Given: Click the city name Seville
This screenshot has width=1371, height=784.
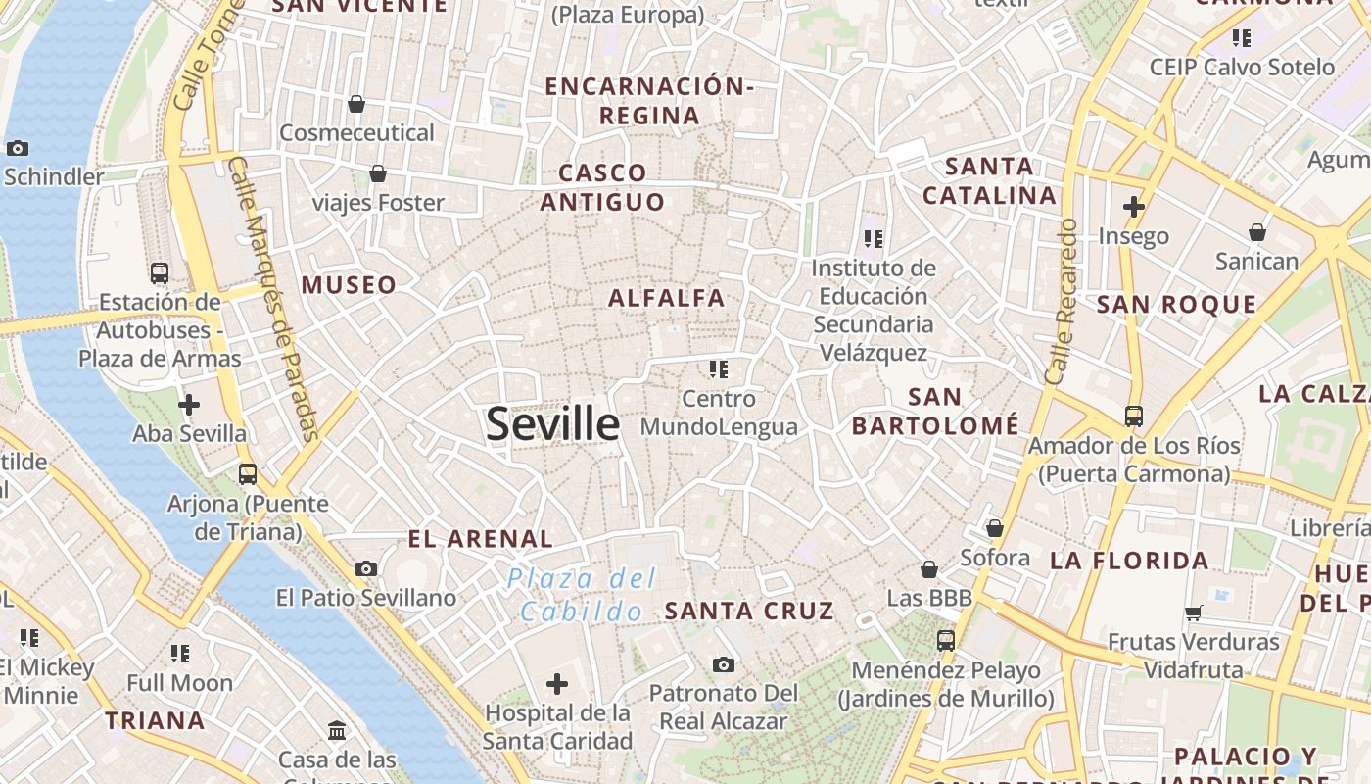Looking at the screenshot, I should [552, 424].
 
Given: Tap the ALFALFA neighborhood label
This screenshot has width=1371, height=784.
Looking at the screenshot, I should [667, 298].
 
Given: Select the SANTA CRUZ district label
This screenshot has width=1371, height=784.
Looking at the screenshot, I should [749, 611].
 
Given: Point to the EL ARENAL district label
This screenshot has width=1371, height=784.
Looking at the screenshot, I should [480, 538].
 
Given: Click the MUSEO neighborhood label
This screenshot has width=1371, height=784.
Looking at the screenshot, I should [349, 285].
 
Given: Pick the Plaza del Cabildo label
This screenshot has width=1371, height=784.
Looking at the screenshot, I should [582, 595].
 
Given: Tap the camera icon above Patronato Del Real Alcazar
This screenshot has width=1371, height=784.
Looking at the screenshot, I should [723, 665].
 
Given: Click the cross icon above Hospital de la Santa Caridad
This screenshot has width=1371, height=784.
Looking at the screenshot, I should [557, 683].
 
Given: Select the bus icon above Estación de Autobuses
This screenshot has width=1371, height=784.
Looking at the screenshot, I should [160, 273].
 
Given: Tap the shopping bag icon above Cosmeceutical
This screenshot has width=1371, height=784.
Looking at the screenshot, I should [356, 104].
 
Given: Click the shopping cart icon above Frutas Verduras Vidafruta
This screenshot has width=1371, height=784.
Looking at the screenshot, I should [1193, 612].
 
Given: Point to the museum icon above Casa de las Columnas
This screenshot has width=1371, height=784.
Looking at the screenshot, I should [337, 730].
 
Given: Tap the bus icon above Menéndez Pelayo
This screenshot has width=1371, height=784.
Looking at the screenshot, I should [945, 641].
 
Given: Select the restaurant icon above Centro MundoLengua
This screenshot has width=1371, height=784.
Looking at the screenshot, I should [719, 369].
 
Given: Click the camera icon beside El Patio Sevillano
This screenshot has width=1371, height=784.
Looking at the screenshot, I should [366, 568].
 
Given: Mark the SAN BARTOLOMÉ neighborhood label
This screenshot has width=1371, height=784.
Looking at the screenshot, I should [935, 412].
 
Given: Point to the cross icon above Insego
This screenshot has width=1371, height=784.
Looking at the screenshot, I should [1134, 207].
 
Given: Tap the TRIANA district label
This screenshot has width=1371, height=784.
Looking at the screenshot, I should [155, 721].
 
